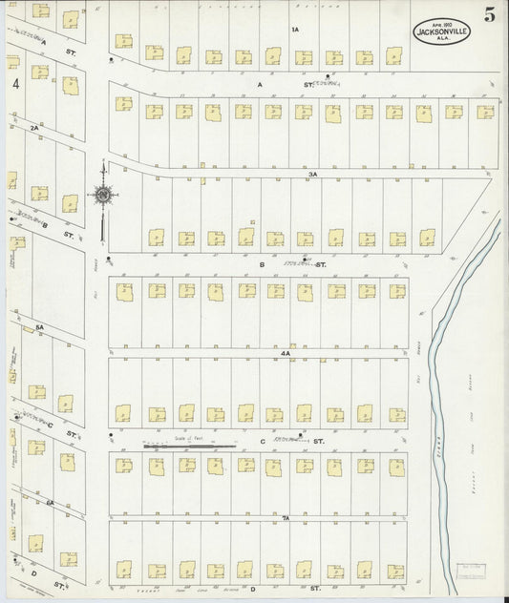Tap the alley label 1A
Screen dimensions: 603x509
295,30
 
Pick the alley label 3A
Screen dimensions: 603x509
312,175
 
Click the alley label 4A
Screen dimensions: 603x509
284,353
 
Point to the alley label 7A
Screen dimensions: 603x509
285,516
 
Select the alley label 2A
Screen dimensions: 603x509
33,127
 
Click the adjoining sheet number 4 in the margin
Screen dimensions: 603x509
16,84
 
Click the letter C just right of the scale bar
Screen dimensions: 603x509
262,442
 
